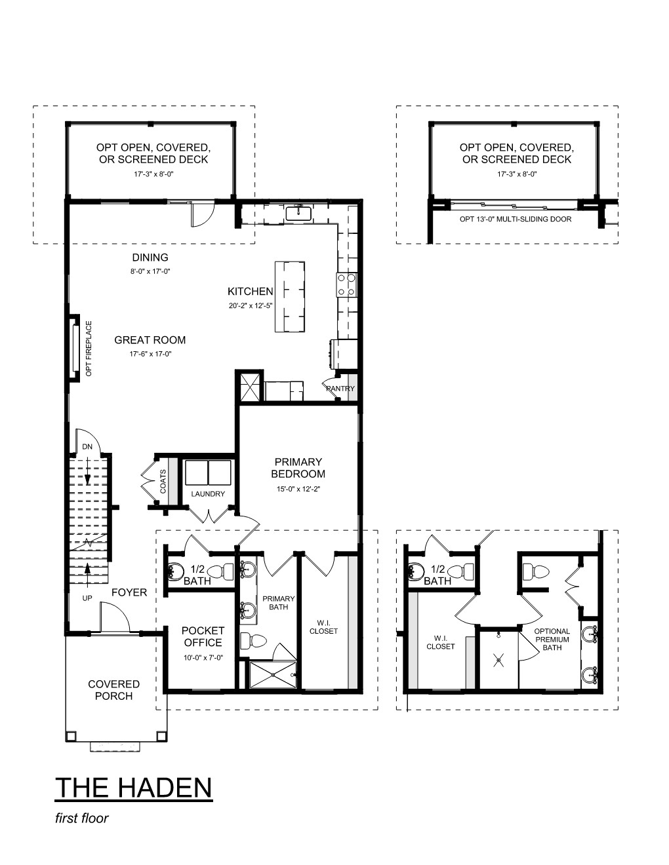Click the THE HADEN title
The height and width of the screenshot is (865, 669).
tap(134, 787)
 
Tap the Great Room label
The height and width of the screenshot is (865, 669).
tap(150, 340)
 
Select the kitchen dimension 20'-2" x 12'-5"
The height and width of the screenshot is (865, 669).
tap(250, 306)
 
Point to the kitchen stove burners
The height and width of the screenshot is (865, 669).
tap(347, 285)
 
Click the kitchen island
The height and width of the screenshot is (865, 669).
tap(290, 297)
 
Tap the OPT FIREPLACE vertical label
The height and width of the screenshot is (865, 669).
tap(89, 349)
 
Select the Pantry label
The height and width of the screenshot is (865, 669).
tap(340, 388)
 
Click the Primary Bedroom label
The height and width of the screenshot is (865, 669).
tap(298, 468)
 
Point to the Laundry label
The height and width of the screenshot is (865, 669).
tap(208, 494)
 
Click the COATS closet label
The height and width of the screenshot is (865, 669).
tap(163, 482)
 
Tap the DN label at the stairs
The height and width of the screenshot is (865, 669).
tap(87, 447)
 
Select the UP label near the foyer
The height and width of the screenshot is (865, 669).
tap(87, 598)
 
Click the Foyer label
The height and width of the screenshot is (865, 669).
tap(129, 592)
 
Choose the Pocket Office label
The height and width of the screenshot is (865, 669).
tap(203, 636)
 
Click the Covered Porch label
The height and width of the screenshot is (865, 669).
tap(114, 690)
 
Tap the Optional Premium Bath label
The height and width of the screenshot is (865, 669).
tap(552, 640)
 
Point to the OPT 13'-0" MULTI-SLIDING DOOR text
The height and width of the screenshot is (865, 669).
tap(516, 219)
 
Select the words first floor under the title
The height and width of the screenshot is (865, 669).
tap(82, 818)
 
